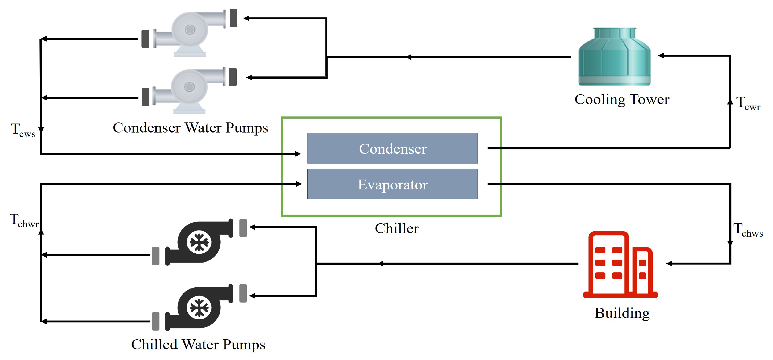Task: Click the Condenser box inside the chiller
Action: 393,148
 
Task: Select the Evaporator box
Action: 393,184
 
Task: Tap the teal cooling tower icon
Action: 614,57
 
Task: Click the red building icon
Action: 620,264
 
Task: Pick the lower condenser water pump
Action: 189,90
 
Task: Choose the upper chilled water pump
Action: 199,242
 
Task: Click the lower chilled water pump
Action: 199,308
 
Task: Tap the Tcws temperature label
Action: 23,130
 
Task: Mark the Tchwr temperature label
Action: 24,220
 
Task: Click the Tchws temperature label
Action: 748,230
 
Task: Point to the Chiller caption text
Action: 397,229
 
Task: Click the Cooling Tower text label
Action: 622,100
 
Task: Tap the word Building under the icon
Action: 622,313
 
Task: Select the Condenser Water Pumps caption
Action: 190,128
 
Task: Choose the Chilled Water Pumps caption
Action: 198,345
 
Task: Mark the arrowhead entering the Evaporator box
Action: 299,184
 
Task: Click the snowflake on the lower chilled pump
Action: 199,308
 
